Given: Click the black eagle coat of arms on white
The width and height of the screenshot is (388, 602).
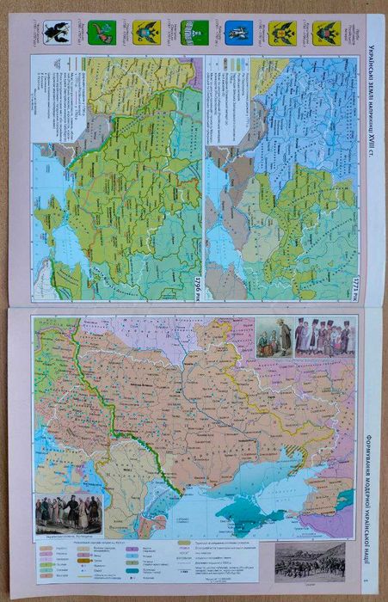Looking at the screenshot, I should point(57,34).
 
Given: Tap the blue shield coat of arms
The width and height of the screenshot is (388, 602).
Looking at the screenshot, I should point(237,34).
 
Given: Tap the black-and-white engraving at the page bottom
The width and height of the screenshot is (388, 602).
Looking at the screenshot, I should point(309,558).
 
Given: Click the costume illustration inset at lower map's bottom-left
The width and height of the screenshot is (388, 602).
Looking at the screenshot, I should point(69,513).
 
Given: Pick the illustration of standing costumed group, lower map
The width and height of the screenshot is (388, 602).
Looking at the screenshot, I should point(324,337).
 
